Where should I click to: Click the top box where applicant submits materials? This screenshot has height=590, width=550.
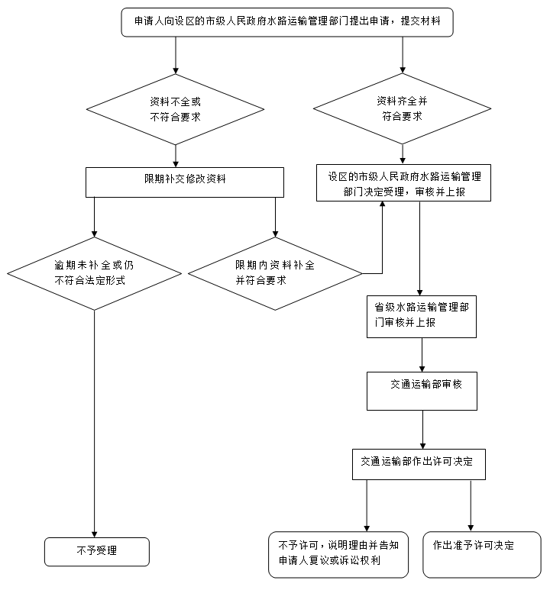286,22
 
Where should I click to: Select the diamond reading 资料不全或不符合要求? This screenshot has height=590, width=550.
176,108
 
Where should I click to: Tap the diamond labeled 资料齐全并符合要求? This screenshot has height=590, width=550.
403,108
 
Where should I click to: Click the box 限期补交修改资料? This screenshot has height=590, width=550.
184,182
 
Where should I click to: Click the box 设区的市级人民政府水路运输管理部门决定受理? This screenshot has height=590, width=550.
404,183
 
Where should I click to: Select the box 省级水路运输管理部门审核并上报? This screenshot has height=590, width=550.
422,317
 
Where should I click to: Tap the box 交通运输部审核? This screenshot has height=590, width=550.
422,392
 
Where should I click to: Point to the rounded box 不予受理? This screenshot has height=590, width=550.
96,551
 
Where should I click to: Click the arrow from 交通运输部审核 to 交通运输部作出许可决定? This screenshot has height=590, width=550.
422,430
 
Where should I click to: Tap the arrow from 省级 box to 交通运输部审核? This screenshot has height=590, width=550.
422,355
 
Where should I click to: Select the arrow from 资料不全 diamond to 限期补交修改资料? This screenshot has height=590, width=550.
176,156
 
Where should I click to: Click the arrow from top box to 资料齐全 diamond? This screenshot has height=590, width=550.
403,55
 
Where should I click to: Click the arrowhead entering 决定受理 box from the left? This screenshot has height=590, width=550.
381,207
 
